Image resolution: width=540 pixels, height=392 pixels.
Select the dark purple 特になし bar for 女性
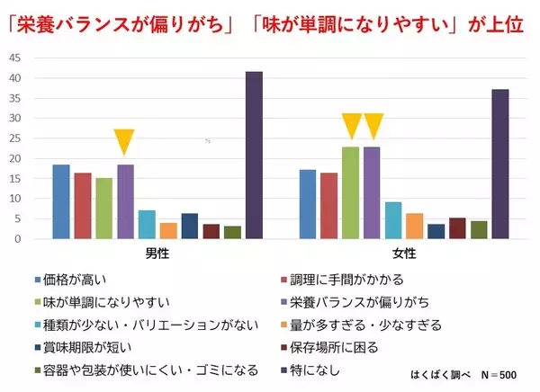[500, 165]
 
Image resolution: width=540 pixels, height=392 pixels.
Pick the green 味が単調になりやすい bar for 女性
[350, 193]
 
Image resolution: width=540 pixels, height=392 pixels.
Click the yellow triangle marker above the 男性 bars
[124, 142]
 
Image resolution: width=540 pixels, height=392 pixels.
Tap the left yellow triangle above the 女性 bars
[351, 126]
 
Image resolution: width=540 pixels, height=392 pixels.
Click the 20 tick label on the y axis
[15, 158]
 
